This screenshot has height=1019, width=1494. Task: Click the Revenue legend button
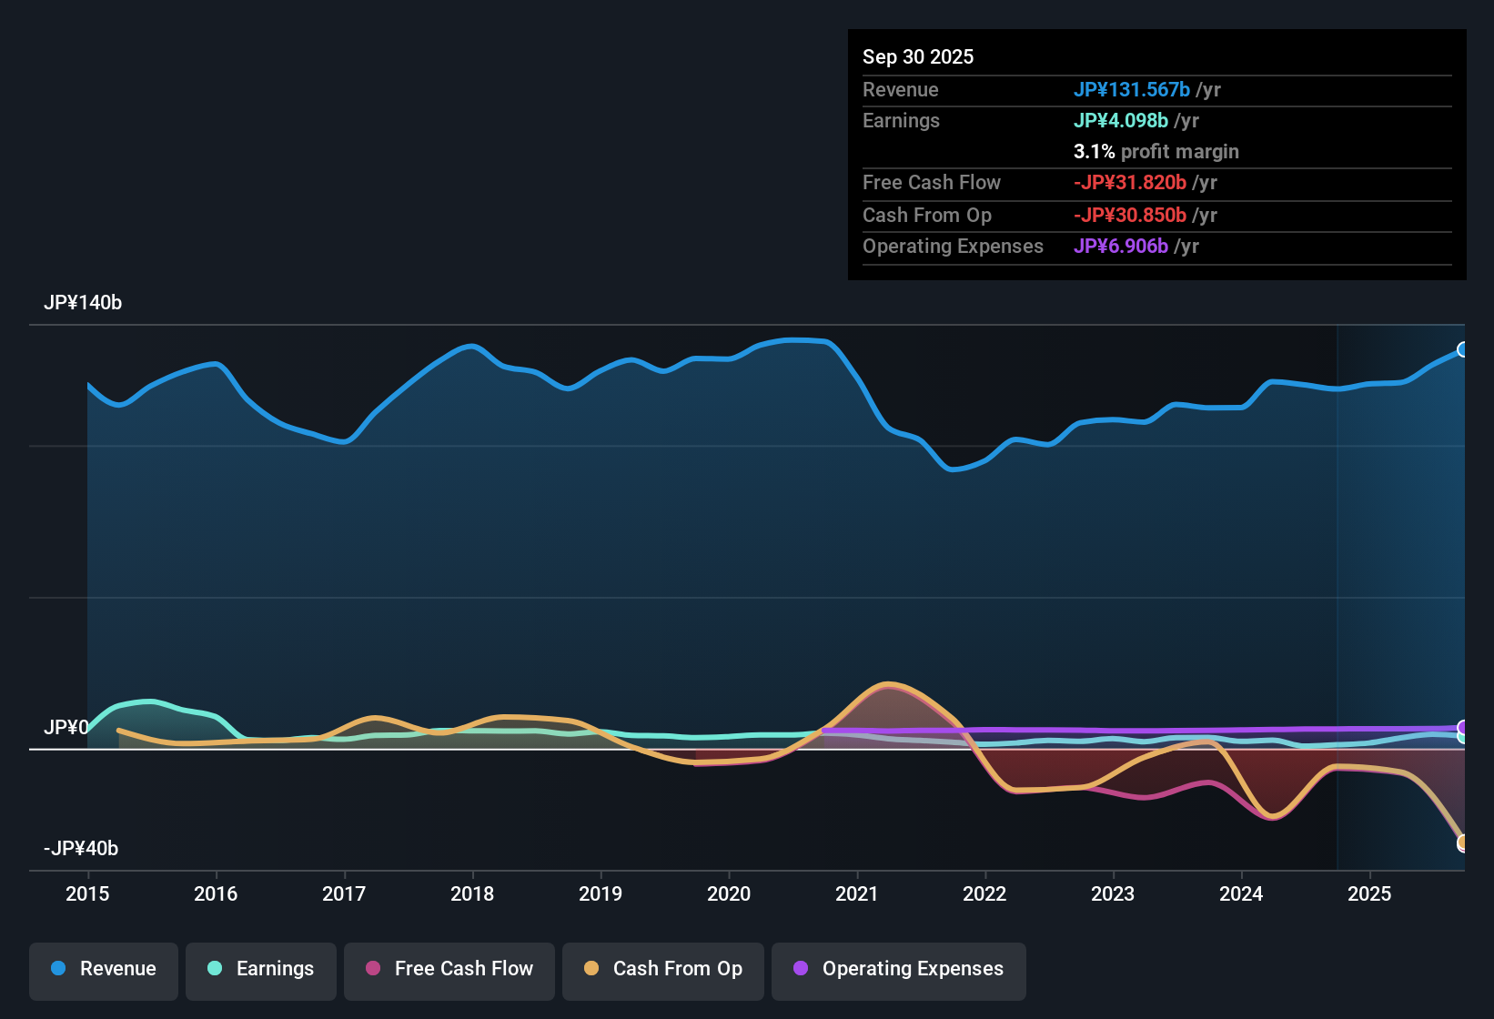[104, 969]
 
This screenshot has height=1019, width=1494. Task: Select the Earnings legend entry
[260, 969]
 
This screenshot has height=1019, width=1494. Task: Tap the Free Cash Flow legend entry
[449, 969]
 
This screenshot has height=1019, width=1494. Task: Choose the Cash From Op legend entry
[663, 969]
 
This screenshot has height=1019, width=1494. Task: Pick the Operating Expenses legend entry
[898, 969]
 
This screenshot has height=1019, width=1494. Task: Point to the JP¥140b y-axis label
[83, 303]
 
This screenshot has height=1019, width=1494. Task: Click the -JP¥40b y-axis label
[81, 849]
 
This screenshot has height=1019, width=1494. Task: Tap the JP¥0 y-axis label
[66, 728]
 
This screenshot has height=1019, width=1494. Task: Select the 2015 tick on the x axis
[87, 894]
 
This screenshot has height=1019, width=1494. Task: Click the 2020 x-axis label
[729, 894]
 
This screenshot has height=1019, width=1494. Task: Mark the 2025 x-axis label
[1369, 894]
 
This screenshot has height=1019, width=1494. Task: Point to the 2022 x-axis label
[984, 894]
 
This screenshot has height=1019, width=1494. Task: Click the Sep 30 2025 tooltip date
[918, 57]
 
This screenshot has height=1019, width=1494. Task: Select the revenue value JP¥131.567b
[1131, 90]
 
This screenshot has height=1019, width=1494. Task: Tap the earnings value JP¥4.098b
[1120, 121]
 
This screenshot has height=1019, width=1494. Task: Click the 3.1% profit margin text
[1156, 152]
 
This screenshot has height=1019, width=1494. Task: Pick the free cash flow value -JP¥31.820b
[1129, 183]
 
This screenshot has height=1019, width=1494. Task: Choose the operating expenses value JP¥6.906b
[1120, 247]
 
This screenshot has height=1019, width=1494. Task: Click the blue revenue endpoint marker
[1462, 349]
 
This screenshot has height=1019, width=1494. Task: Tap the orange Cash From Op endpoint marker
[1462, 842]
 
